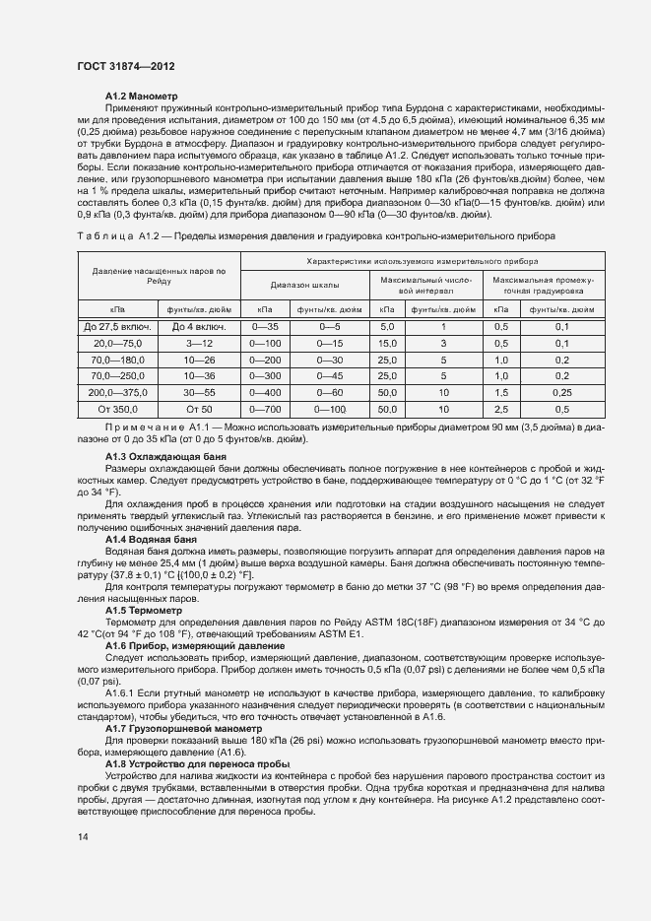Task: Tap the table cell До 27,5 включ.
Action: [x=116, y=326]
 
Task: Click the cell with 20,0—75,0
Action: [x=116, y=343]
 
